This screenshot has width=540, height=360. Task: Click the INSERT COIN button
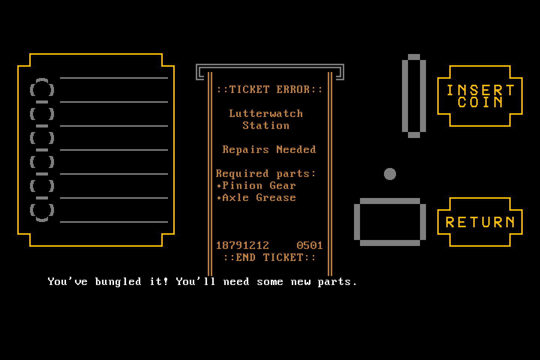(x=480, y=96)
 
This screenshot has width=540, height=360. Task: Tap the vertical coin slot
(x=405, y=96)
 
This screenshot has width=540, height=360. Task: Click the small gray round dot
(x=390, y=174)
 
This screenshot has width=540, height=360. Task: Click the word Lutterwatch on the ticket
(x=265, y=114)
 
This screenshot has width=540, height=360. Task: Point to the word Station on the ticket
(x=265, y=126)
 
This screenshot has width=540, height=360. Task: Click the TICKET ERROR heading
(x=269, y=90)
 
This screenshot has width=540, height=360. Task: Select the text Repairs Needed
(x=269, y=150)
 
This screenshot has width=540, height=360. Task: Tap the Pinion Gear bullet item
(x=256, y=186)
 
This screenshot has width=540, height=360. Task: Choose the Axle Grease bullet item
(x=256, y=198)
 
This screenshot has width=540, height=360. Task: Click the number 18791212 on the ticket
(x=242, y=246)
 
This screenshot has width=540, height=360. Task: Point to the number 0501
(x=309, y=246)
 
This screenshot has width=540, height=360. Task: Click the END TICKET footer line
(x=269, y=258)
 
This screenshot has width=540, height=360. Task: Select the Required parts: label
(x=265, y=174)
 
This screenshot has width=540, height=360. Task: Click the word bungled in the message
(x=118, y=282)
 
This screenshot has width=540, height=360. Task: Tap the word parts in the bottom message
(x=334, y=282)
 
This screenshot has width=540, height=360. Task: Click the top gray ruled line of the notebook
(x=114, y=78)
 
